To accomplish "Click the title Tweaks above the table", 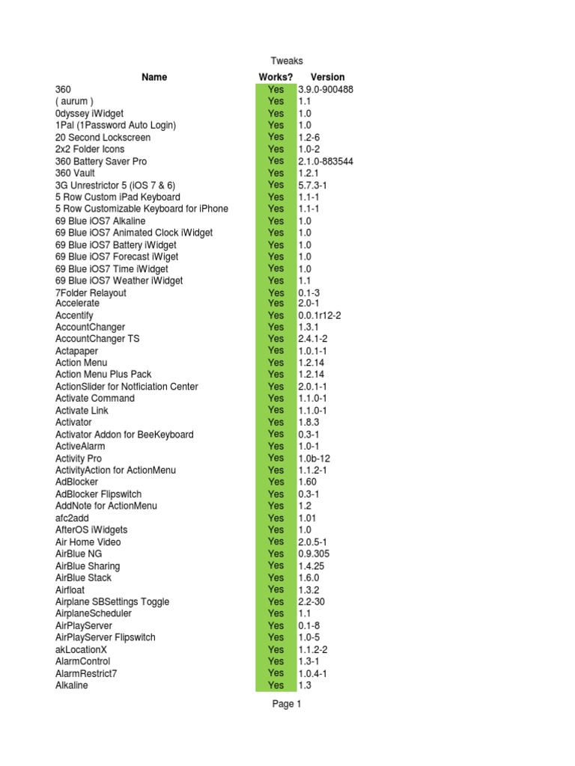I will tap(287, 61).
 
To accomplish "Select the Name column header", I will tap(154, 77).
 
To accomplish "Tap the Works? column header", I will tap(276, 77).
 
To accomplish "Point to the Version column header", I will tap(327, 77).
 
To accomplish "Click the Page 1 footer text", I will tap(287, 704).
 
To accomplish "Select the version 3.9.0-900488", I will tap(326, 90).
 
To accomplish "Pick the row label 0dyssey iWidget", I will tap(90, 113).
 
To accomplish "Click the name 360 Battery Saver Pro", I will tap(101, 161).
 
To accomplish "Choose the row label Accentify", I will tap(74, 316).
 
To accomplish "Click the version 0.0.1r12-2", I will tap(320, 316).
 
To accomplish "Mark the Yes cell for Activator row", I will tap(276, 423).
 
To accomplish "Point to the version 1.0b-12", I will tap(314, 459).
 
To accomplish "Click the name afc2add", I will tap(72, 518).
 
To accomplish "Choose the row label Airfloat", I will tap(70, 589).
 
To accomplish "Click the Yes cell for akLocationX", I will tap(276, 649).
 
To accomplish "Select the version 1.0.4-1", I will tap(312, 673).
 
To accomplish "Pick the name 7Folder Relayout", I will tap(91, 292).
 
